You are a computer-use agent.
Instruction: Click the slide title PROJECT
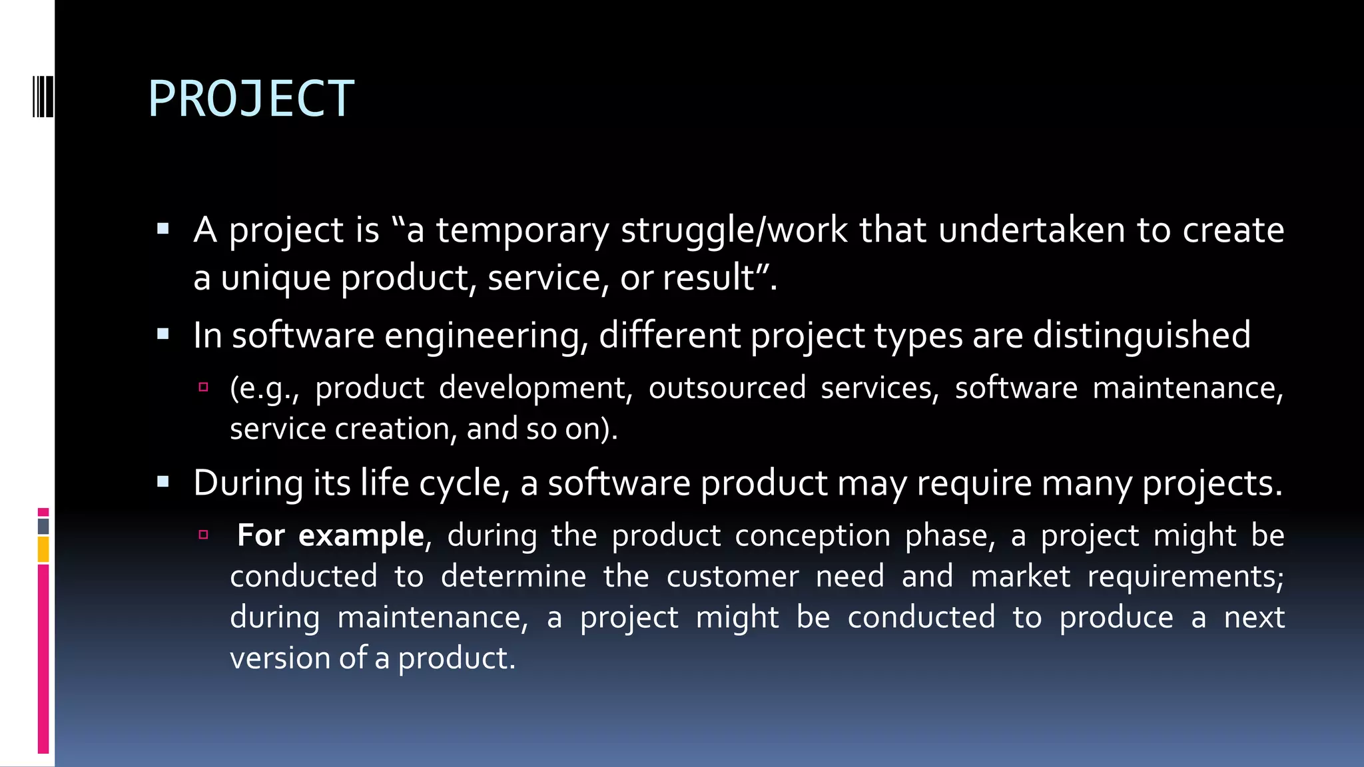point(251,99)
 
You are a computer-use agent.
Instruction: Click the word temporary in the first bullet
point(522,230)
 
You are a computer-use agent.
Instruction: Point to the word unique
point(275,278)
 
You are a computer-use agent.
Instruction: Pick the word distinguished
point(1142,335)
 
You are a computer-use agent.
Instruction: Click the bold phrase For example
point(330,535)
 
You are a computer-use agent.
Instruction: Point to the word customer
point(732,577)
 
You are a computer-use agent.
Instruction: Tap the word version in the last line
point(280,658)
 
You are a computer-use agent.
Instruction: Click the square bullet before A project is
point(163,230)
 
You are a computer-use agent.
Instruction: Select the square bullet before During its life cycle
point(163,482)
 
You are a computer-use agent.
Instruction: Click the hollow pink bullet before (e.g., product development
point(204,387)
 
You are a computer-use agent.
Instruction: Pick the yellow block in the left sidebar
point(43,550)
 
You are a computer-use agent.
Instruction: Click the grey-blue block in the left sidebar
point(43,526)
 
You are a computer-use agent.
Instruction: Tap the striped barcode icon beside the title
point(43,97)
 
